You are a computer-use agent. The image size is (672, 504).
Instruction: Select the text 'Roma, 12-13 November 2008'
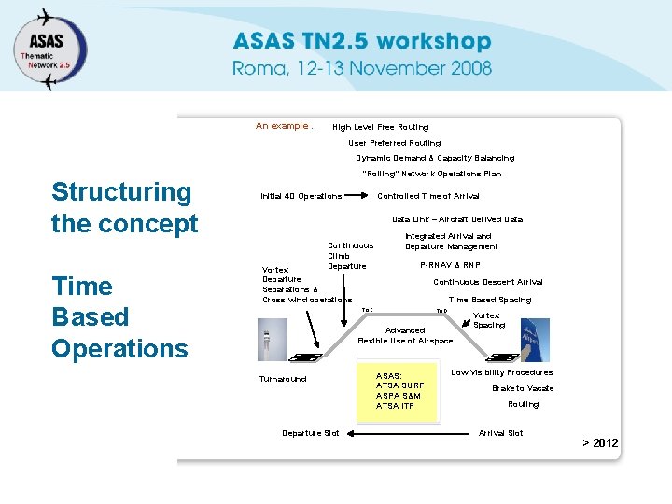pyautogui.click(x=362, y=67)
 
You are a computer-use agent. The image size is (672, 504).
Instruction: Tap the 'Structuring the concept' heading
pyautogui.click(x=124, y=207)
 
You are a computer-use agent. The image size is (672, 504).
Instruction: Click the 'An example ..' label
pyautogui.click(x=286, y=126)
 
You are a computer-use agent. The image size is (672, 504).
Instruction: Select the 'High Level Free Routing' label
pyautogui.click(x=381, y=127)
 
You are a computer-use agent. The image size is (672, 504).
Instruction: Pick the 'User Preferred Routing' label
pyautogui.click(x=394, y=143)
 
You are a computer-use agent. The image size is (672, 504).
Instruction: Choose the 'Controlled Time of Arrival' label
pyautogui.click(x=427, y=196)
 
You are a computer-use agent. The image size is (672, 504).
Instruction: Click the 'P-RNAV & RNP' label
pyautogui.click(x=450, y=265)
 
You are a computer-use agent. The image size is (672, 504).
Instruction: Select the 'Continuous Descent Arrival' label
pyautogui.click(x=487, y=282)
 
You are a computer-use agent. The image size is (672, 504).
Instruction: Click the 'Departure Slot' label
pyautogui.click(x=311, y=433)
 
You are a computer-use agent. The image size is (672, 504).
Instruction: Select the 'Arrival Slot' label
pyautogui.click(x=500, y=433)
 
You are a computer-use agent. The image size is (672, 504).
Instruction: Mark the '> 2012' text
pyautogui.click(x=600, y=442)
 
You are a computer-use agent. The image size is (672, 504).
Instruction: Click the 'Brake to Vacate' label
pyautogui.click(x=523, y=388)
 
